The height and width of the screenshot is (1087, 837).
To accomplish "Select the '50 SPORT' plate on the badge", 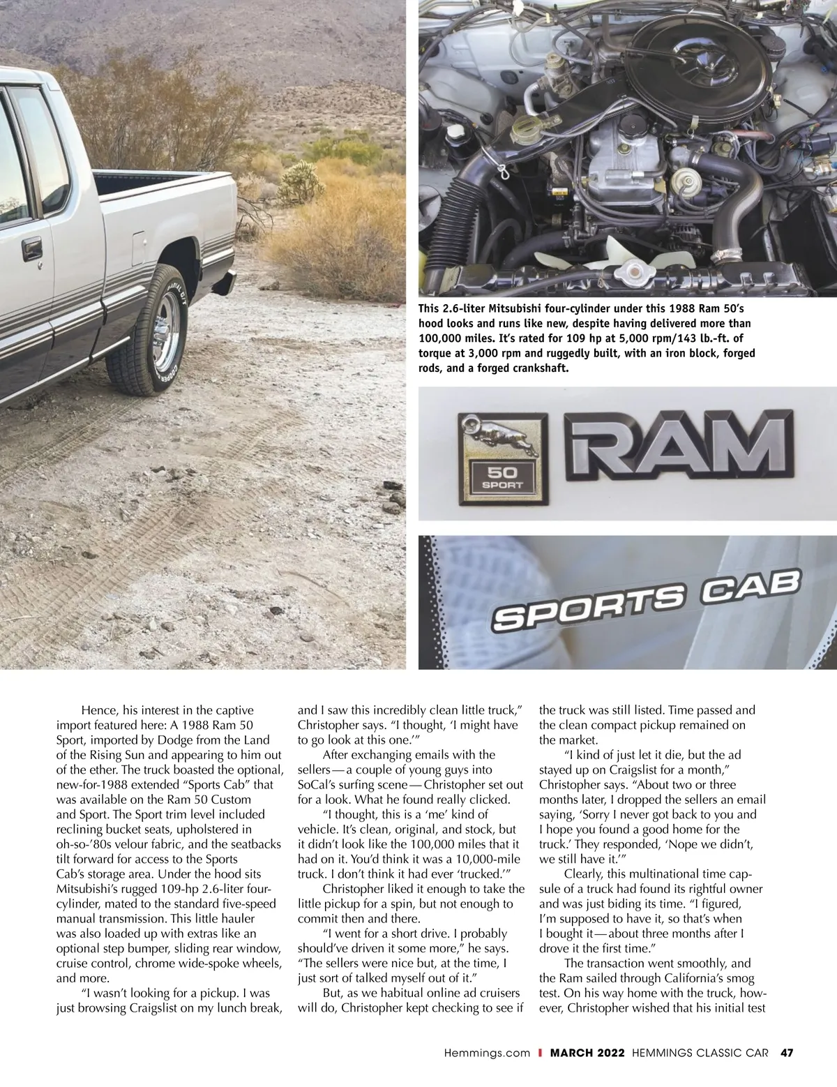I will pyautogui.click(x=502, y=478).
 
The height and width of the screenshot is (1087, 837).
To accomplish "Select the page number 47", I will pyautogui.click(x=787, y=1053).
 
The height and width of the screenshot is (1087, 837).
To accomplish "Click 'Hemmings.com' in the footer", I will pyautogui.click(x=487, y=1053).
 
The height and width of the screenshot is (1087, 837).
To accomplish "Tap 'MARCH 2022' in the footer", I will pyautogui.click(x=587, y=1053).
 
